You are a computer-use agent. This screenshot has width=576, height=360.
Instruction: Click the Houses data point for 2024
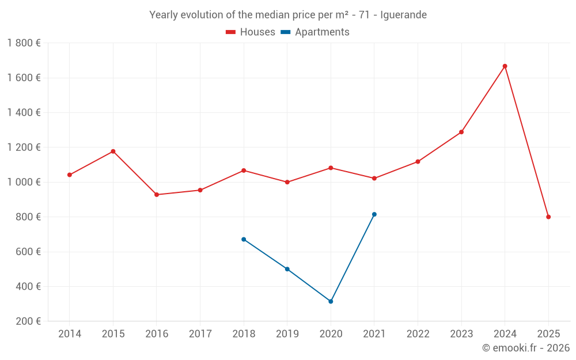(x=505, y=66)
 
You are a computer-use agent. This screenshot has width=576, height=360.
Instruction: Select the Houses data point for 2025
(x=548, y=217)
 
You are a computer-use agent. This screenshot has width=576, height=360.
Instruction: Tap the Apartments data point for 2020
(x=331, y=301)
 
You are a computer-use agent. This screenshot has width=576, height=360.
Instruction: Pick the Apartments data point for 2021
(x=374, y=214)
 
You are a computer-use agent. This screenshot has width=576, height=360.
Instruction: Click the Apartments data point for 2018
(x=244, y=239)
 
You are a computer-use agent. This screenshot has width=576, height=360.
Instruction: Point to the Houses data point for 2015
(x=113, y=151)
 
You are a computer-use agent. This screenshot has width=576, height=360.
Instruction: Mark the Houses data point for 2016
(x=157, y=195)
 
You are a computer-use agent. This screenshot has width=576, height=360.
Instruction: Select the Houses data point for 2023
(x=461, y=132)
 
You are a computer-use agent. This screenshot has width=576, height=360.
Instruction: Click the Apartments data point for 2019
(x=287, y=269)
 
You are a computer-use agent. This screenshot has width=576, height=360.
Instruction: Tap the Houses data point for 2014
(x=70, y=175)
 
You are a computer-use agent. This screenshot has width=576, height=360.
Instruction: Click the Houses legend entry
(x=251, y=32)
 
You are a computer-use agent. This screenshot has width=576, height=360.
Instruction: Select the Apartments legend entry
(x=316, y=32)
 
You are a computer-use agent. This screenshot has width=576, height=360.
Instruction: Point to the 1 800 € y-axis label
(x=24, y=43)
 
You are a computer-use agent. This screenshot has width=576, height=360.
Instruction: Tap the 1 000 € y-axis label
(x=24, y=182)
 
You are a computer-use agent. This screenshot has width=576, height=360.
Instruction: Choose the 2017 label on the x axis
(x=200, y=334)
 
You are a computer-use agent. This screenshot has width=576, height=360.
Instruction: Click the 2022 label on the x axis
(x=418, y=334)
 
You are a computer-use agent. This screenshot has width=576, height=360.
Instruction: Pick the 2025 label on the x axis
(x=548, y=334)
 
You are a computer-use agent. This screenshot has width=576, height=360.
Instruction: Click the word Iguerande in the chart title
(x=403, y=15)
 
